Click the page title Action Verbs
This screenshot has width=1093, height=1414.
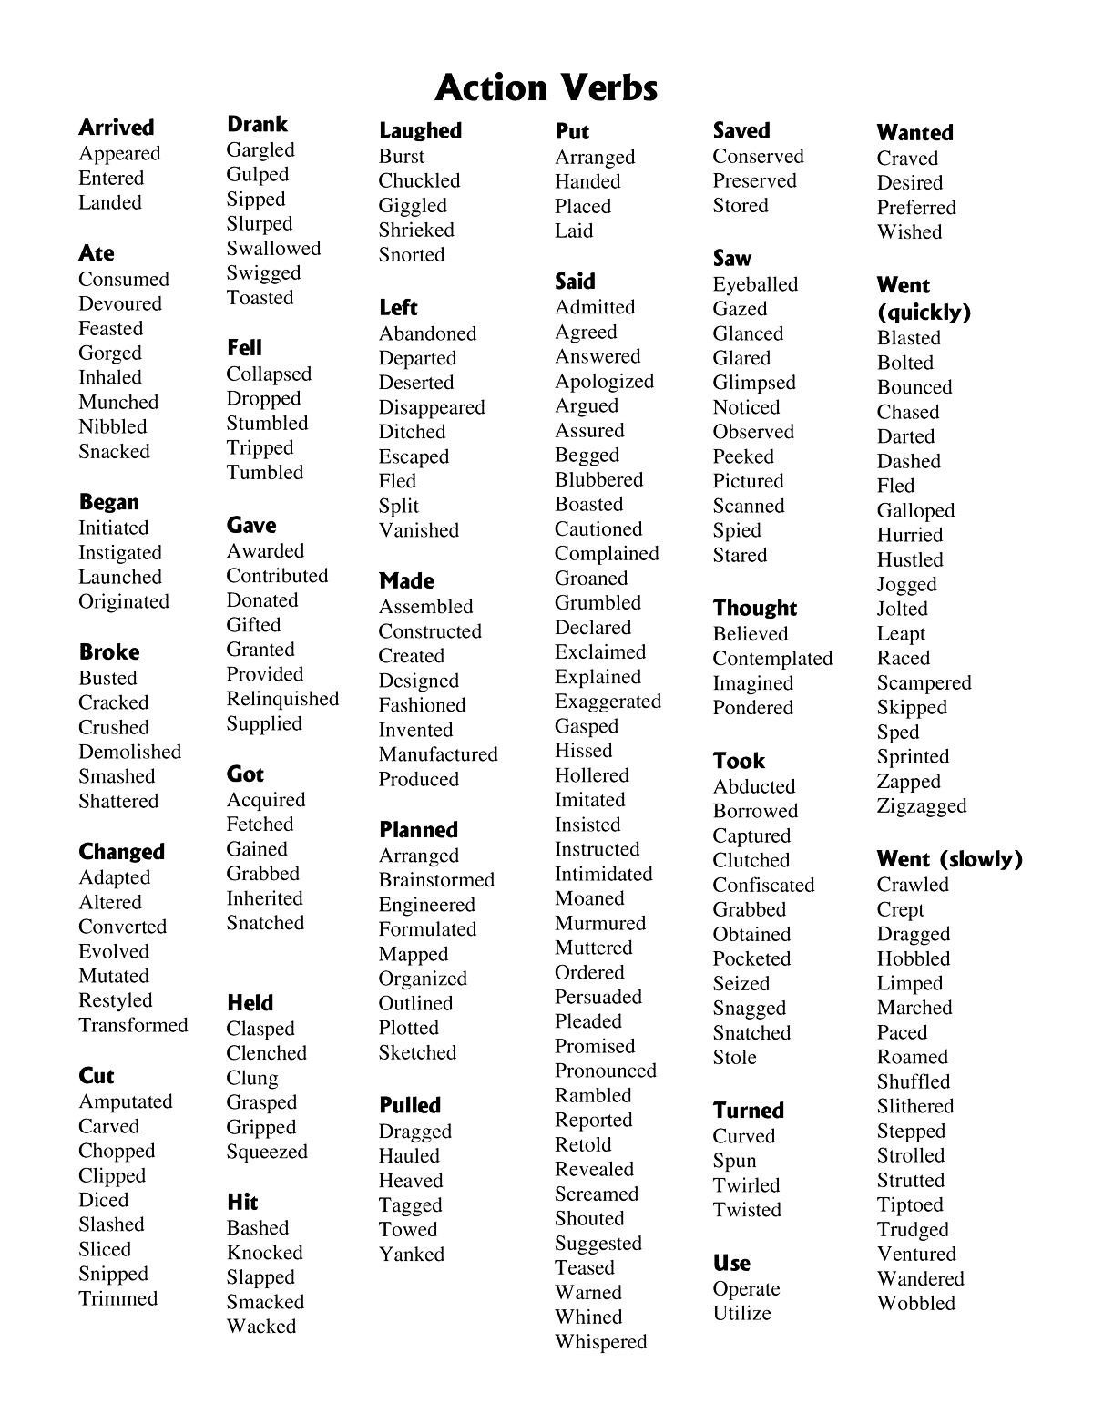pos(546,88)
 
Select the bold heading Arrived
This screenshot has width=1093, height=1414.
pos(116,128)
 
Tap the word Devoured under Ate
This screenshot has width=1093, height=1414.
pos(119,303)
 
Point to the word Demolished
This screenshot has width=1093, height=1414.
pos(129,752)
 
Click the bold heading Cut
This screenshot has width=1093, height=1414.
pos(96,1076)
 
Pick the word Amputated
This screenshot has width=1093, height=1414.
pos(125,1101)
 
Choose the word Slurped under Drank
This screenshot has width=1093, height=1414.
pos(260,224)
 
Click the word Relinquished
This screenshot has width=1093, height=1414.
pos(282,699)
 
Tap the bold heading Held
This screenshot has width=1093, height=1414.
pos(250,1003)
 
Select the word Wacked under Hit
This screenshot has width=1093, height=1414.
pos(261,1327)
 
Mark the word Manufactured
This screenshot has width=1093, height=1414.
pos(438,754)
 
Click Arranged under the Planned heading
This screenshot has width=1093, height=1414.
pos(418,856)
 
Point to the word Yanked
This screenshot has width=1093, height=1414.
pos(412,1255)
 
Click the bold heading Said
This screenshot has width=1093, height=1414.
pos(575,282)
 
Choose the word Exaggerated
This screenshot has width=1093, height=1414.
pos(608,702)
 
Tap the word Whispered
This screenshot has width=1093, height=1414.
pos(600,1342)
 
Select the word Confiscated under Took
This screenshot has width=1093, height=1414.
pos(763,885)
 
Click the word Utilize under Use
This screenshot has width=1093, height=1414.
pos(741,1314)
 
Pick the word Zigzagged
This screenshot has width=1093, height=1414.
pos(921,806)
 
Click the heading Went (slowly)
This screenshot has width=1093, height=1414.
pos(949,859)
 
